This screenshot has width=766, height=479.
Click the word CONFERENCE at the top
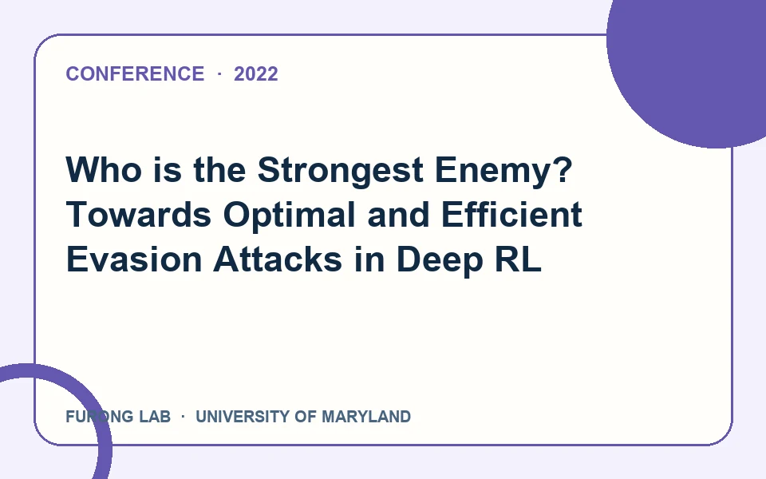tap(135, 74)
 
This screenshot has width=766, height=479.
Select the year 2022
tap(256, 74)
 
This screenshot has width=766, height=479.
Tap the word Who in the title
tap(104, 169)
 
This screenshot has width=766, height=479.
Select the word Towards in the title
tap(139, 215)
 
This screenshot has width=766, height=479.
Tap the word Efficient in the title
tap(511, 214)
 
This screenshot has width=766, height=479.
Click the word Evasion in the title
tap(134, 259)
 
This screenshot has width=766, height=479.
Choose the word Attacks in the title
tap(278, 259)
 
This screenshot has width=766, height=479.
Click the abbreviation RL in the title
tap(519, 259)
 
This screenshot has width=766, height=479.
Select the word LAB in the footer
tap(155, 417)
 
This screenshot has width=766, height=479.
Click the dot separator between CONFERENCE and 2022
tap(219, 74)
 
